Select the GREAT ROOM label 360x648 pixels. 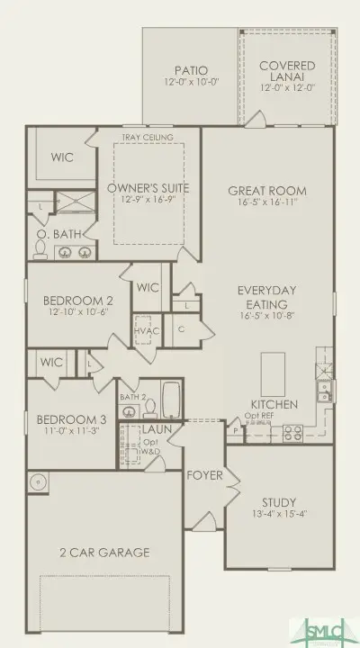point(266,191)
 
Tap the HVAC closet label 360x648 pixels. point(145,332)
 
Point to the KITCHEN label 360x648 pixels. point(274,405)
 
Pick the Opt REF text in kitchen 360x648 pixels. point(259,416)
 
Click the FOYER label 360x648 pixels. point(204,474)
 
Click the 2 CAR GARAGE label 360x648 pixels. point(105,553)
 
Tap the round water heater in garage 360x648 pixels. point(38,482)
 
